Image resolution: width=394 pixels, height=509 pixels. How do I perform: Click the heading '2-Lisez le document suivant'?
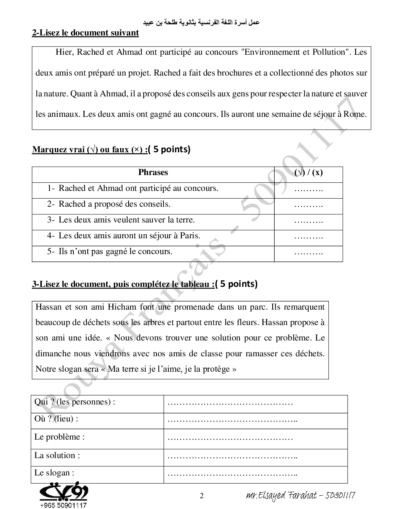85,33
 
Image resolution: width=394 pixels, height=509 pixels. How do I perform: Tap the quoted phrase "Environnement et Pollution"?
294,52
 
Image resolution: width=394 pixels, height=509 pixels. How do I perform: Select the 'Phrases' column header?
153,172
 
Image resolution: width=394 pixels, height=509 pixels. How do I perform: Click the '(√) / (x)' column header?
308,172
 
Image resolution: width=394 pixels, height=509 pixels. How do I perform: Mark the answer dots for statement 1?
308,189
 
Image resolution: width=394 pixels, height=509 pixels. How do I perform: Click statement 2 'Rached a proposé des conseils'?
114,204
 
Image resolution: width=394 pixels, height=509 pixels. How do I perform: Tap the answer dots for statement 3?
308,221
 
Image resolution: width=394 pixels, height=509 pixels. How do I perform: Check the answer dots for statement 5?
308,252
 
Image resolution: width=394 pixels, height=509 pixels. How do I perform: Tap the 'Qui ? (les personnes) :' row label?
75,402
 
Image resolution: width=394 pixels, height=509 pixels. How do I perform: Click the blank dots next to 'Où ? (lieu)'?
233,420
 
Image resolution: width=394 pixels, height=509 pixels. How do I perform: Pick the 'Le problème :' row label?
59,437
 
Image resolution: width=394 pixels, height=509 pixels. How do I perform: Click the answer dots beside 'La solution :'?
233,456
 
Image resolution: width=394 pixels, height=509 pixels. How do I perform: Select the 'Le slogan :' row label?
54,473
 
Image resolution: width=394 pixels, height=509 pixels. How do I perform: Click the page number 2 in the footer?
201,496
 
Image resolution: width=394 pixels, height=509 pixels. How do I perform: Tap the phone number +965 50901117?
63,505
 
